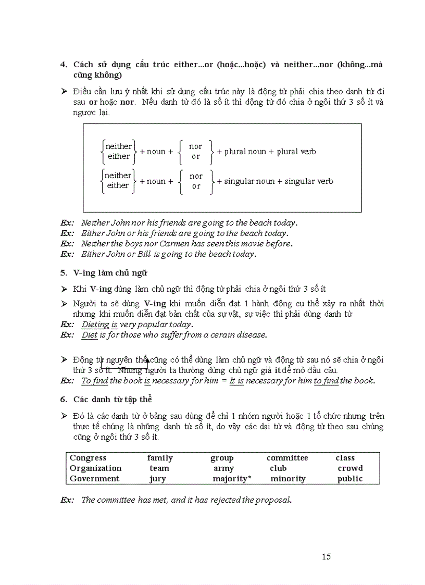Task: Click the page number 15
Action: tap(326, 557)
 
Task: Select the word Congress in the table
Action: tap(87, 458)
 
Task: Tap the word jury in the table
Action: tap(158, 479)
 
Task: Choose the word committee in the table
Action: tap(287, 458)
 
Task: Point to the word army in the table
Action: tap(223, 468)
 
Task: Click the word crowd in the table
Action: tap(350, 468)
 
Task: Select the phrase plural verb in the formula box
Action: tap(296, 152)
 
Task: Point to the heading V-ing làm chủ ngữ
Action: tap(113, 272)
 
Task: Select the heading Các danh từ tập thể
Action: tap(112, 399)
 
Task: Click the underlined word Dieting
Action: tap(95, 325)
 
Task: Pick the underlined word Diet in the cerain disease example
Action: tap(90, 335)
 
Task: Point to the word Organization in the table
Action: tap(95, 468)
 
